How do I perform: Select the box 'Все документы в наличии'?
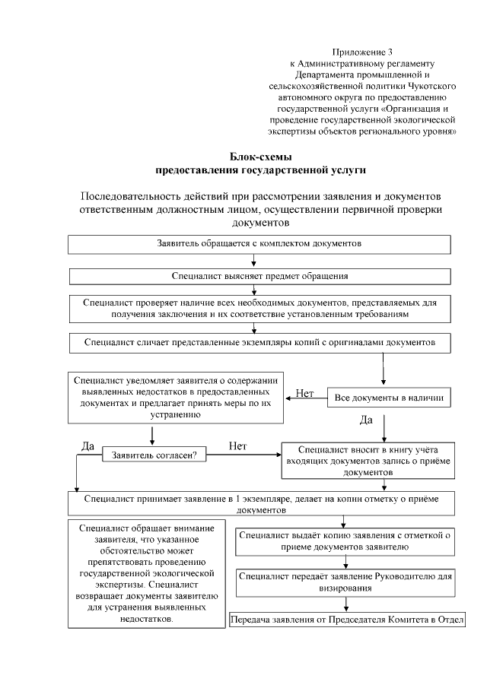[x=390, y=397]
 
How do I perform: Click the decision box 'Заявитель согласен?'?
[x=154, y=455]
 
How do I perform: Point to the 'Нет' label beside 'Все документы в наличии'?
[x=304, y=393]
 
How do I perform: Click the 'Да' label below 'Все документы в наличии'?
[x=366, y=420]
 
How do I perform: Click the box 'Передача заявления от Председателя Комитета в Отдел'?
[x=347, y=619]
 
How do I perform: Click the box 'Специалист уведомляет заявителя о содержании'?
[x=176, y=398]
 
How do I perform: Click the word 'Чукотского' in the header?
[x=431, y=86]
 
